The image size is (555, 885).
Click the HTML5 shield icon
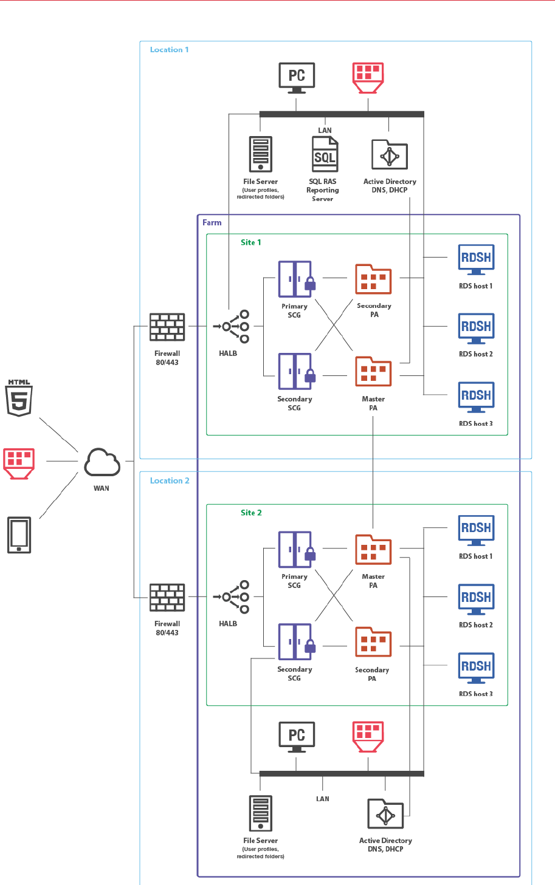pyautogui.click(x=19, y=398)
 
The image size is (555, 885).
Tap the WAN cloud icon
pyautogui.click(x=102, y=462)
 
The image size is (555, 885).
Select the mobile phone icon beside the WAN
pyautogui.click(x=19, y=535)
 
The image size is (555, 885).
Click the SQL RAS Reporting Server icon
pyautogui.click(x=325, y=154)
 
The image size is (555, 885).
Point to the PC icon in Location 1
pyautogui.click(x=296, y=77)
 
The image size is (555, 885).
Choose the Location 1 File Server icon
pyautogui.click(x=261, y=154)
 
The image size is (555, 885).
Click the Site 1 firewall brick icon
pyautogui.click(x=167, y=327)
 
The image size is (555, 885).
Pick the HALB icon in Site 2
pyautogui.click(x=233, y=597)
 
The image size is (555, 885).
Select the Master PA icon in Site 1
pyautogui.click(x=373, y=372)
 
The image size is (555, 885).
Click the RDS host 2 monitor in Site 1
pyautogui.click(x=476, y=329)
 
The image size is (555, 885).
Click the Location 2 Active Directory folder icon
pyautogui.click(x=385, y=815)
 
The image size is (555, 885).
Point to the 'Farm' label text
pyautogui.click(x=212, y=223)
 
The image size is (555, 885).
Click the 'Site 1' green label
pyautogui.click(x=250, y=242)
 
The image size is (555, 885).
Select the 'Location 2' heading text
pyautogui.click(x=170, y=480)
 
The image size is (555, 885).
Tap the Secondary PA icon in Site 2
pyautogui.click(x=373, y=642)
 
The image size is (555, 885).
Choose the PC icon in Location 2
pyautogui.click(x=296, y=736)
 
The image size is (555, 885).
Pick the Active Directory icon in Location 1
pyautogui.click(x=390, y=156)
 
